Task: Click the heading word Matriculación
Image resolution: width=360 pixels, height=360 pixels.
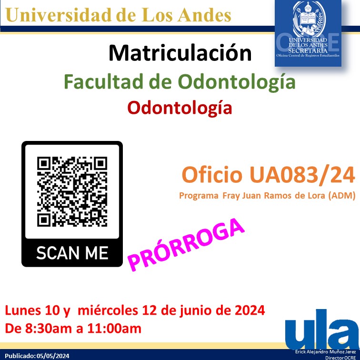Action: point(180,53)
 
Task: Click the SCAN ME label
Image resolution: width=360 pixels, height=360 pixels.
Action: point(72,252)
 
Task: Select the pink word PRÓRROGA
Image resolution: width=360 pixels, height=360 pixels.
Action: point(186,245)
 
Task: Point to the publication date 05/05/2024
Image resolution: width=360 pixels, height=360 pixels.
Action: point(53,356)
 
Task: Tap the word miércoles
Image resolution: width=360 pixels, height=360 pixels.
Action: point(106,311)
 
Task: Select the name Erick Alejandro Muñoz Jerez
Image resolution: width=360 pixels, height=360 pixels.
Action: point(326,351)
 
